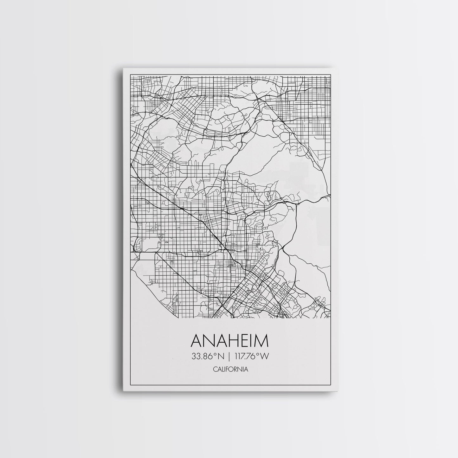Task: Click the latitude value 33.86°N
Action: pos(208,357)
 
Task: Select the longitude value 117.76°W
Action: pos(252,357)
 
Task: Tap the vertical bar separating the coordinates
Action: pos(229,357)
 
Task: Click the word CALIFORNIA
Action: pos(230,369)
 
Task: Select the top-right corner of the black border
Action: pos(331,74)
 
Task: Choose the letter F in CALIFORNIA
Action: pos(227,369)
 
